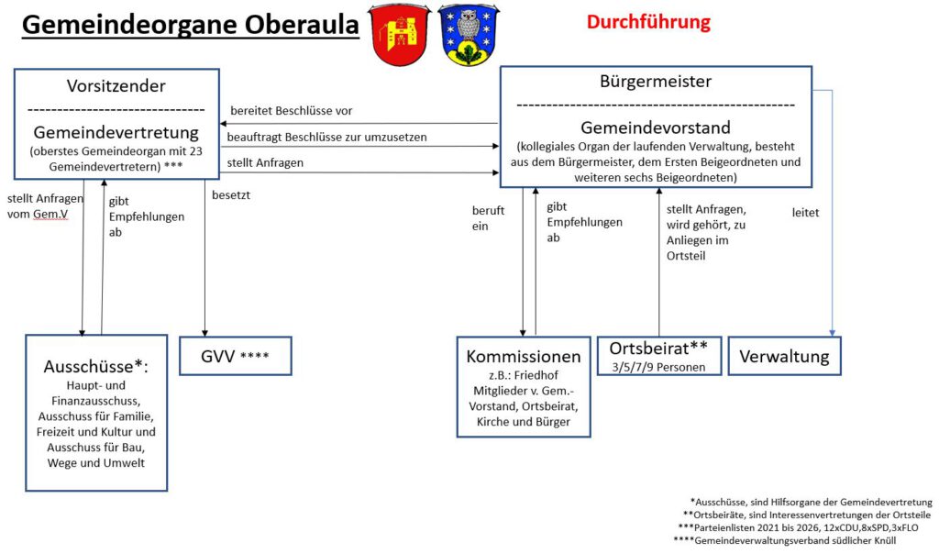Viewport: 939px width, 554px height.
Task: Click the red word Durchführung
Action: (648, 21)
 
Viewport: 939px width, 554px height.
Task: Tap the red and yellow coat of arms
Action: (399, 34)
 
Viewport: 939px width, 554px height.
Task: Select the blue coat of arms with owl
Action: (468, 34)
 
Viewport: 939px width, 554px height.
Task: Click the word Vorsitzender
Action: (116, 86)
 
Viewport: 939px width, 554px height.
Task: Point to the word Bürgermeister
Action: (655, 82)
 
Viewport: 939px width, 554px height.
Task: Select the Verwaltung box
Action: (784, 356)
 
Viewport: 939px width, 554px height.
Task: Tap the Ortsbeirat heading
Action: (658, 349)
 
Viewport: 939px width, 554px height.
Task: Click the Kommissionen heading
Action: (524, 356)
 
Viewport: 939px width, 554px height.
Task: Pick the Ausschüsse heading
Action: (95, 366)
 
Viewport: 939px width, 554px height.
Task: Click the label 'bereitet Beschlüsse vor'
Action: (291, 111)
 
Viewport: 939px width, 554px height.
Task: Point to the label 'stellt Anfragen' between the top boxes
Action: (266, 163)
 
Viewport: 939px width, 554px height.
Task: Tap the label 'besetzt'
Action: (231, 195)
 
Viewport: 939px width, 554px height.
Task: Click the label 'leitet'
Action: (805, 213)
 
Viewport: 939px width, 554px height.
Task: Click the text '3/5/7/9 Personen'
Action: (658, 367)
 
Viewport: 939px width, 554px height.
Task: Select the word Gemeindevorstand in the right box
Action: (655, 127)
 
